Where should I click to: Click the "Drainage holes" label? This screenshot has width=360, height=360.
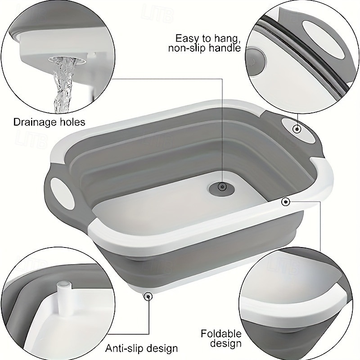click(x=49, y=122)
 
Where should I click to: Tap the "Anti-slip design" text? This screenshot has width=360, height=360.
click(x=142, y=348)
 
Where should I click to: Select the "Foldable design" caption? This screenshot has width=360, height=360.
click(x=221, y=338)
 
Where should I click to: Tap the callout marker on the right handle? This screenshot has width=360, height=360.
click(x=297, y=129)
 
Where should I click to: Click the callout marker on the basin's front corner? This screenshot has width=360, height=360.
click(x=285, y=202)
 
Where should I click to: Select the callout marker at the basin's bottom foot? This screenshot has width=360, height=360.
click(x=147, y=295)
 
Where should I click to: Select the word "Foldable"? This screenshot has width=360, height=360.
click(x=221, y=333)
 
